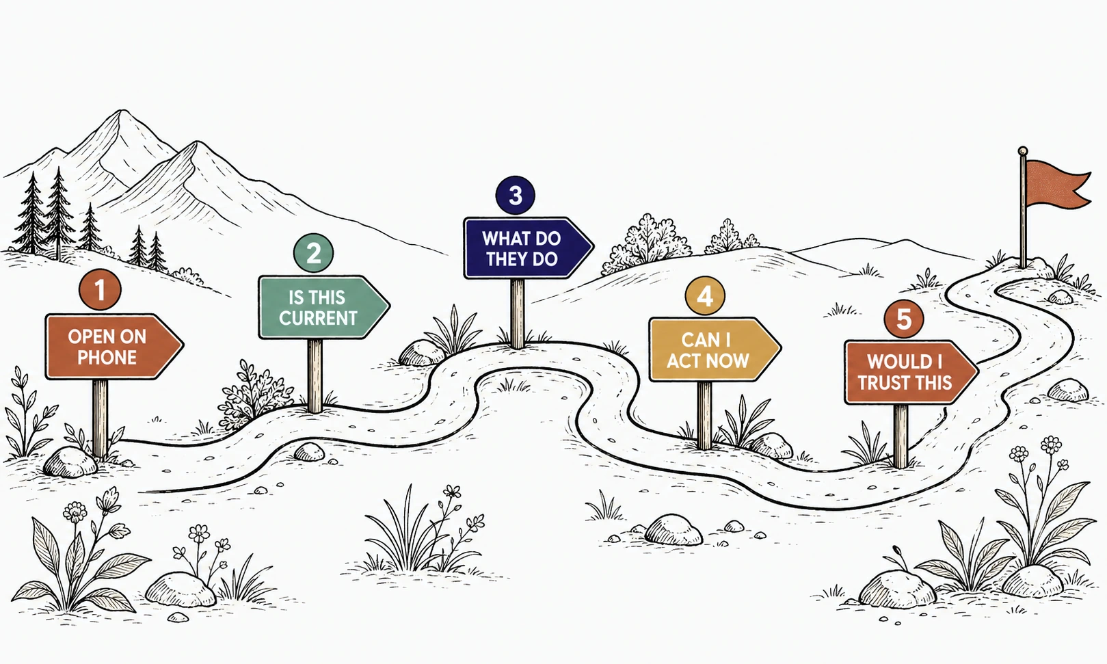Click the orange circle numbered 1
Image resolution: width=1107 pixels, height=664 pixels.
pos(100,290)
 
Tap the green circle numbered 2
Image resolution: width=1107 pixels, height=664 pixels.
pos(313,252)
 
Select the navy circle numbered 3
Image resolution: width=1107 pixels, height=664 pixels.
pos(516,195)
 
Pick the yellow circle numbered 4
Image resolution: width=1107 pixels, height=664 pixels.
pos(705,295)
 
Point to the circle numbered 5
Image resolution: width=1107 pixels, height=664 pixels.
pos(904,319)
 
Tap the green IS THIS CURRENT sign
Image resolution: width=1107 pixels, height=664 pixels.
pos(324,307)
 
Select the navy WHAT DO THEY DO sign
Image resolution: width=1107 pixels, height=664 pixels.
pos(529,248)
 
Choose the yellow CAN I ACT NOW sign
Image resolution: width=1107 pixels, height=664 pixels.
pos(715,349)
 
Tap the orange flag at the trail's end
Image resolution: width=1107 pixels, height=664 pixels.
pos(1056,183)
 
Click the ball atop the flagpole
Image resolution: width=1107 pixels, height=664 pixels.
pos(1023,151)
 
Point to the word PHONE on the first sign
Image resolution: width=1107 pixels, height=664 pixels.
pos(107,358)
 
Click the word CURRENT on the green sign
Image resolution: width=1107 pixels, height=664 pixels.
pos(318,318)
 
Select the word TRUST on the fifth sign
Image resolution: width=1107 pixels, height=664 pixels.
pos(881,383)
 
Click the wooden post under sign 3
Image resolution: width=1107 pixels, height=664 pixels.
pos(518,313)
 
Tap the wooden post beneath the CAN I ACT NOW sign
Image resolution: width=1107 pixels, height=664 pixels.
pos(705,415)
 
